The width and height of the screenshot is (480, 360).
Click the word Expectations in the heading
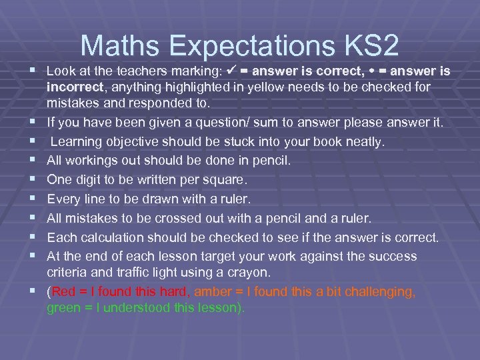click(x=251, y=46)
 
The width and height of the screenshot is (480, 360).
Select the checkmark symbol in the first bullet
click(x=234, y=71)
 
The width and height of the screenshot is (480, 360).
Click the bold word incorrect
click(x=74, y=87)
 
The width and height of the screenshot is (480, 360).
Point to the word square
click(x=225, y=180)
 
